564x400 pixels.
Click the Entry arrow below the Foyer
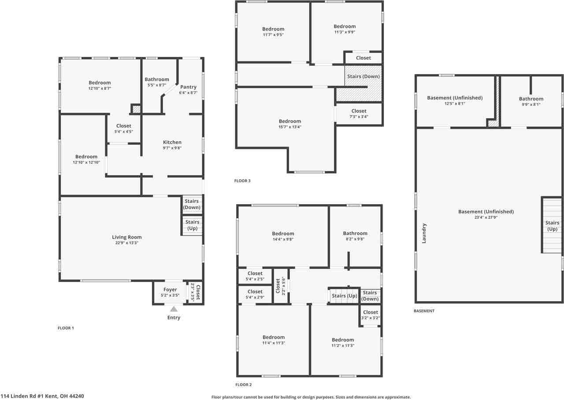click(174, 309)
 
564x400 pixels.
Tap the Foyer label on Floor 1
click(170, 290)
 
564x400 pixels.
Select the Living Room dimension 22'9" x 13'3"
click(126, 243)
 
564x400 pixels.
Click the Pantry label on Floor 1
click(188, 87)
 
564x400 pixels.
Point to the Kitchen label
click(172, 142)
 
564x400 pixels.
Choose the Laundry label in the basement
click(424, 233)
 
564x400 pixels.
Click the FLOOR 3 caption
click(242, 181)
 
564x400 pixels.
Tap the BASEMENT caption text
click(424, 311)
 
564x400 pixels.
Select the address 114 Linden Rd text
click(42, 396)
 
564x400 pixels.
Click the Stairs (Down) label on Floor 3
click(363, 76)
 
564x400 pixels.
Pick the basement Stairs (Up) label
click(552, 226)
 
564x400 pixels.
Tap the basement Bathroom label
click(531, 99)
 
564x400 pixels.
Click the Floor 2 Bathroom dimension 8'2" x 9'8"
click(355, 239)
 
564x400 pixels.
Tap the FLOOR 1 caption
click(66, 328)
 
